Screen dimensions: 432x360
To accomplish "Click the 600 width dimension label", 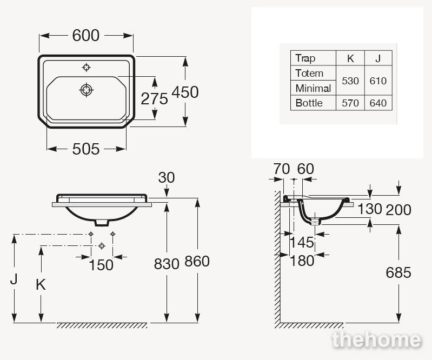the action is pyautogui.click(x=85, y=36).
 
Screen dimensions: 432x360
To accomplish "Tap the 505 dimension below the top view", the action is pyautogui.click(x=85, y=149).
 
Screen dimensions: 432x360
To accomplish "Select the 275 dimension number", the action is pyautogui.click(x=154, y=98).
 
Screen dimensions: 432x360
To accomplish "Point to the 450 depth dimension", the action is pyautogui.click(x=185, y=92).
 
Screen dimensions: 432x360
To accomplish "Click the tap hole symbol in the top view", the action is pyautogui.click(x=87, y=67).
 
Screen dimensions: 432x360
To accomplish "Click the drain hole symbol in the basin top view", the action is pyautogui.click(x=87, y=90).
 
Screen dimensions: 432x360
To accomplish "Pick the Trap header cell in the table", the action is pyautogui.click(x=305, y=58).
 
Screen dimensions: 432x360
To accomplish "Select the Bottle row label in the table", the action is pyautogui.click(x=309, y=103).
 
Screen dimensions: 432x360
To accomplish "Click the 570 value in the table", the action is pyautogui.click(x=350, y=103).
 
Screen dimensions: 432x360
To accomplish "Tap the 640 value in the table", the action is pyautogui.click(x=378, y=103).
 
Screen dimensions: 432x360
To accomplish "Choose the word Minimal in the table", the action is pyautogui.click(x=313, y=89).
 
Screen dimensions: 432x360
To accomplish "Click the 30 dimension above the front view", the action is pyautogui.click(x=167, y=178).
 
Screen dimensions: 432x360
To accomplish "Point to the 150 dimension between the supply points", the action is pyautogui.click(x=101, y=265).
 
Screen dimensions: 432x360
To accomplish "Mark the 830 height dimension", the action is pyautogui.click(x=167, y=264).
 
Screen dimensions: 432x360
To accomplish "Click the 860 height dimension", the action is pyautogui.click(x=197, y=261).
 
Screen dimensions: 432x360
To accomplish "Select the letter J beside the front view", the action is pyautogui.click(x=14, y=279).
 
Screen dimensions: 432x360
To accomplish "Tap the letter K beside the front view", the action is pyautogui.click(x=41, y=284).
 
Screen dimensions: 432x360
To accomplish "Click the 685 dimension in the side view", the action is pyautogui.click(x=398, y=272).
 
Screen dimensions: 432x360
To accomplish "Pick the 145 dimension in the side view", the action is pyautogui.click(x=302, y=242).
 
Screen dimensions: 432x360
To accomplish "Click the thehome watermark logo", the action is pyautogui.click(x=377, y=339).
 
